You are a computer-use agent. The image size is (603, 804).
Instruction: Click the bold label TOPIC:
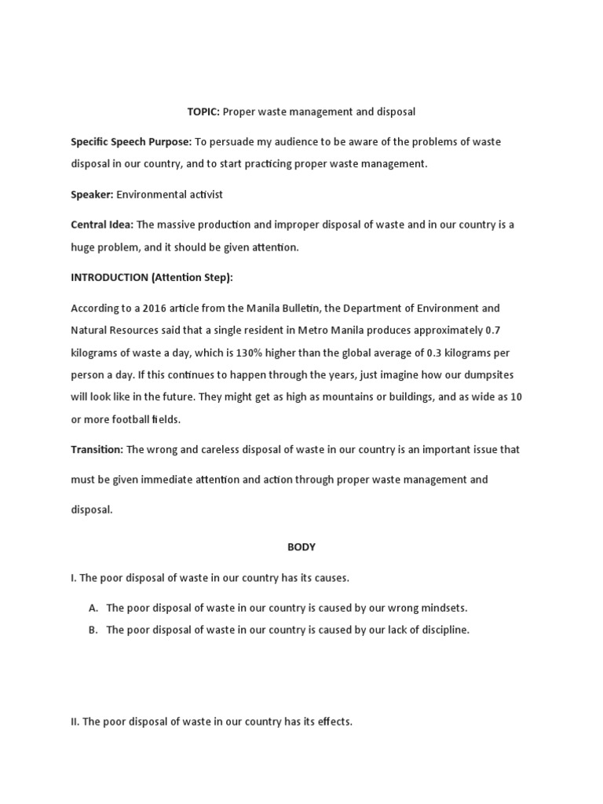point(203,112)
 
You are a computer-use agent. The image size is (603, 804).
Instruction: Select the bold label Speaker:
point(92,194)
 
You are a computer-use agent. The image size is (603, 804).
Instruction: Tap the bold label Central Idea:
point(102,225)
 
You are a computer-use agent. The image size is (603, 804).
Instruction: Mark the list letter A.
point(93,608)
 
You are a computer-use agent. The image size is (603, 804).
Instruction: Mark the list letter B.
point(93,630)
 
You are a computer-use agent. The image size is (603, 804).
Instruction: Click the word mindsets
point(444,608)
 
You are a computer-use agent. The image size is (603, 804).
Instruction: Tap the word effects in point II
point(332,722)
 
